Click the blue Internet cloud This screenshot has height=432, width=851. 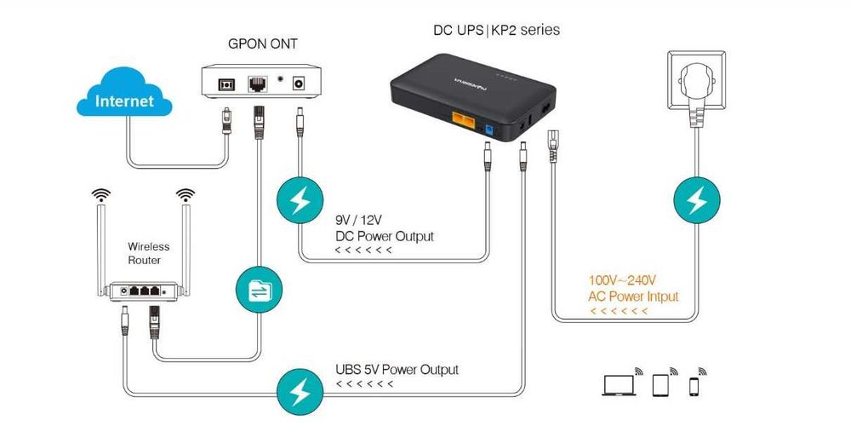coord(124,101)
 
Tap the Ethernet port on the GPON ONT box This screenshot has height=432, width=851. coord(256,84)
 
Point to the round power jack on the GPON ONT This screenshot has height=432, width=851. coord(299,84)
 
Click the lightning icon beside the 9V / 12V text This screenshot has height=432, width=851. coord(299,202)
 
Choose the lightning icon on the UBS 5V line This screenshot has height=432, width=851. coord(299,392)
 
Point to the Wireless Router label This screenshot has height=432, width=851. coord(149,253)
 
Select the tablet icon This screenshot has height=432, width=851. coord(662,385)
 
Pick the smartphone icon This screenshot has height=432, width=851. coord(694,386)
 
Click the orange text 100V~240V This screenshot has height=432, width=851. coord(622,279)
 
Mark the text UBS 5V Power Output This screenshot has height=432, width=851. coord(397,370)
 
